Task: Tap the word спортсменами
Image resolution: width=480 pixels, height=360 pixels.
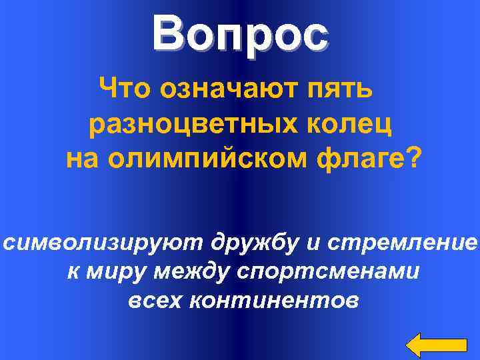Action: pyautogui.click(x=340, y=273)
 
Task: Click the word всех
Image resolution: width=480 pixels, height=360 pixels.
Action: pyautogui.click(x=155, y=301)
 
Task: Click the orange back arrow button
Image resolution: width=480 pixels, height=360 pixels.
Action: pyautogui.click(x=437, y=344)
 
